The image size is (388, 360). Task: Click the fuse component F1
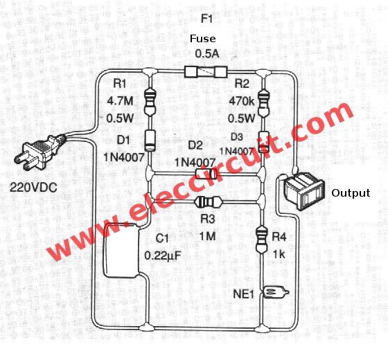(206, 72)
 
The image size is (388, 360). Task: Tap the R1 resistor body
(150, 102)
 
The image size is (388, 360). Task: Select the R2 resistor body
(264, 102)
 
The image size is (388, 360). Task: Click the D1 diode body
(150, 141)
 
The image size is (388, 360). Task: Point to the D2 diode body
(206, 174)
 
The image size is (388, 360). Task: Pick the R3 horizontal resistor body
(208, 202)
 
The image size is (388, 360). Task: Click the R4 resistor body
(262, 240)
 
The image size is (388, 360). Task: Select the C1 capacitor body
(121, 250)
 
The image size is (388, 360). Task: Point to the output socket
(304, 191)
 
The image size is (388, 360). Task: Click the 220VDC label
(33, 187)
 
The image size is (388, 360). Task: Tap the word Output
(351, 193)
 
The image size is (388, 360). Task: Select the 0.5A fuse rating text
(207, 54)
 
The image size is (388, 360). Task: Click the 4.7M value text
(120, 101)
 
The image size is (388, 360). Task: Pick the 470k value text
(242, 101)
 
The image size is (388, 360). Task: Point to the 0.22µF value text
(163, 255)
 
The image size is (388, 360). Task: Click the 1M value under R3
(207, 237)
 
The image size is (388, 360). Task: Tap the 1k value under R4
(279, 254)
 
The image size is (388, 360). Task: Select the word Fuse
(202, 39)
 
